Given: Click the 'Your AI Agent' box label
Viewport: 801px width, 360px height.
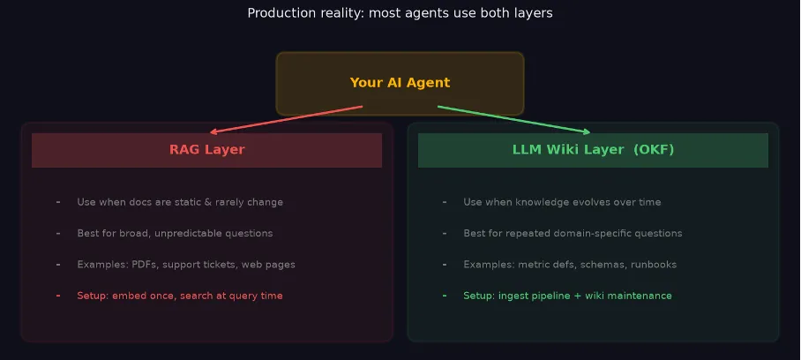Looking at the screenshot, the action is click(400, 83).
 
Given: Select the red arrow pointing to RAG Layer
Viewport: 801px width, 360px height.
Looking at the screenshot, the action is click(286, 119).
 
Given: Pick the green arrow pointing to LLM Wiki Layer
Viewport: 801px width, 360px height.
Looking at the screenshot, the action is click(514, 119).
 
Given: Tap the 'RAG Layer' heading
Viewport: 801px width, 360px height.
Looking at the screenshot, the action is click(207, 150).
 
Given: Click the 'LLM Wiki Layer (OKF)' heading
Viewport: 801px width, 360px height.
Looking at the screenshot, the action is click(593, 150).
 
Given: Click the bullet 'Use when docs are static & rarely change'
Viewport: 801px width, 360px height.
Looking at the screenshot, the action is click(180, 202).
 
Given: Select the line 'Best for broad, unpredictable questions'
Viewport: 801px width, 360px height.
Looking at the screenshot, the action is click(175, 233).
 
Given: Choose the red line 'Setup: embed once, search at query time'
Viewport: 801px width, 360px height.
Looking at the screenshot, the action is click(180, 296).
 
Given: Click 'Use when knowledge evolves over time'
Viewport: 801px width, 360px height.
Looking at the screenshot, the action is click(562, 202).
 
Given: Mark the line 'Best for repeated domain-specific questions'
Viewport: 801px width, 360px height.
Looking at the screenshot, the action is click(573, 233).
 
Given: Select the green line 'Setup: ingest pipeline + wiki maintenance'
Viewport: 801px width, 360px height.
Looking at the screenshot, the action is click(567, 296).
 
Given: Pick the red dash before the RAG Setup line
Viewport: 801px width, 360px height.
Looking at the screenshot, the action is click(58, 296).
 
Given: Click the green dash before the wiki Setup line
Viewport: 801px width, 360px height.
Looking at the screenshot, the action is click(445, 296).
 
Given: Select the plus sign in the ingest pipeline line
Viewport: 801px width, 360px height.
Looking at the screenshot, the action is click(578, 296).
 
